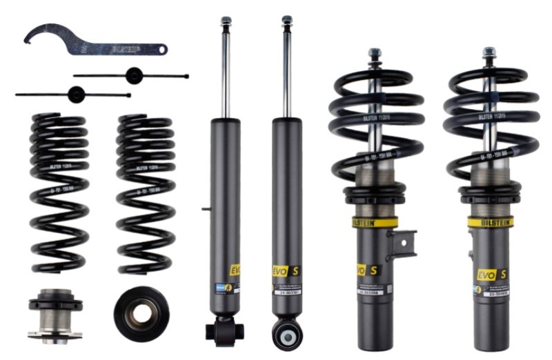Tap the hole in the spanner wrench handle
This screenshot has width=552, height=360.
pyautogui.click(x=161, y=49)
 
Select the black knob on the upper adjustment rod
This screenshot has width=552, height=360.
pyautogui.click(x=133, y=75)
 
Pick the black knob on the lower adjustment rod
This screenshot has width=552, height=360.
pyautogui.click(x=75, y=94)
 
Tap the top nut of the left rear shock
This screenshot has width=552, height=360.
pyautogui.click(x=226, y=21)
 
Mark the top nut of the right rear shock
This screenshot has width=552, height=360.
pyautogui.click(x=286, y=20)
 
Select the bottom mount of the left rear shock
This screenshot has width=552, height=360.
pyautogui.click(x=225, y=331)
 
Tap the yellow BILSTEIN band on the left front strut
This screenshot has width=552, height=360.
pyautogui.click(x=375, y=223)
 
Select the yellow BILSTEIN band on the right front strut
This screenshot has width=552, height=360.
pyautogui.click(x=491, y=222)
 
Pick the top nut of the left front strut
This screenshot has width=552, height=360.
pyautogui.click(x=375, y=52)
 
